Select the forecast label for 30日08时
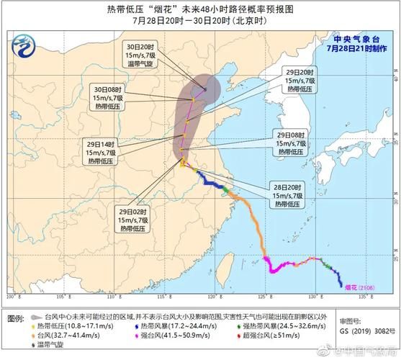114,97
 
